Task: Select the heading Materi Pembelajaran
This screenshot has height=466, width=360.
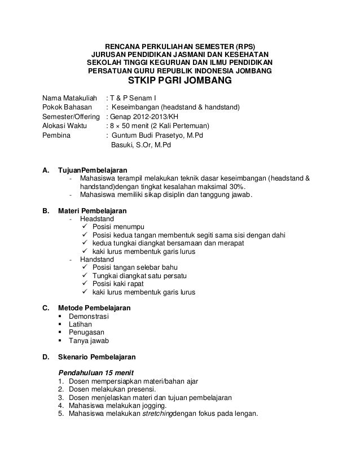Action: tap(93, 210)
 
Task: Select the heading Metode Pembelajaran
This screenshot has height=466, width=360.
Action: tap(94, 309)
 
